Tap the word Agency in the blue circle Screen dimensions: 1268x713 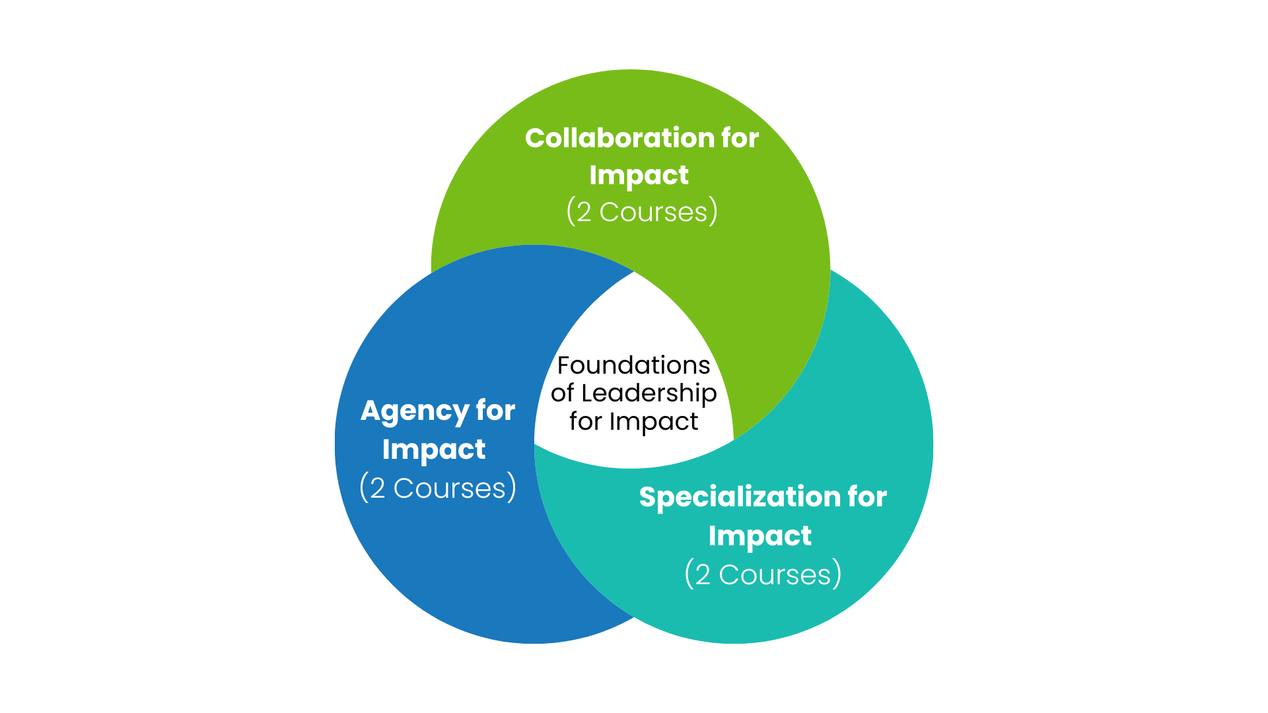tap(414, 411)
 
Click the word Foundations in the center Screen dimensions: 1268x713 tap(634, 365)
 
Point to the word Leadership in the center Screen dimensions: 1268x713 tap(649, 393)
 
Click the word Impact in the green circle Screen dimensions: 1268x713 tap(639, 176)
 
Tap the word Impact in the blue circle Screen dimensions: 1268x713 tap(434, 450)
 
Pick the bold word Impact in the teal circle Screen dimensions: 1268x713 tap(759, 536)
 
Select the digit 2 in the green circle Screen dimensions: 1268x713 tap(584, 213)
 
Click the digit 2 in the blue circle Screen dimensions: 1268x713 tap(377, 489)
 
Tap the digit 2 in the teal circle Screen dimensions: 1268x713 tap(703, 575)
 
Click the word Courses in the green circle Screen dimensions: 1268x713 tap(653, 213)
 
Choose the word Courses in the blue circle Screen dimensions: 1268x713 tap(449, 489)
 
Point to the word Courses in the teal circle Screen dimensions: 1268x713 tap(775, 575)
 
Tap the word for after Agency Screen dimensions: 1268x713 tap(495, 411)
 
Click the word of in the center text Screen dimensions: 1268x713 tap(563, 393)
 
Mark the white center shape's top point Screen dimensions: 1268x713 tap(634, 271)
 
